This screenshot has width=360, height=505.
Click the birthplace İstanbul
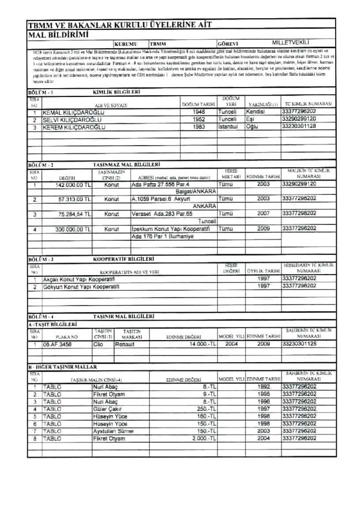[229, 126]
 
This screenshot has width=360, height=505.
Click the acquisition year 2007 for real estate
[263, 213]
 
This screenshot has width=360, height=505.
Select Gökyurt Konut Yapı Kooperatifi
[78, 287]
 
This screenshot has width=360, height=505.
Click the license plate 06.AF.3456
[58, 343]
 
